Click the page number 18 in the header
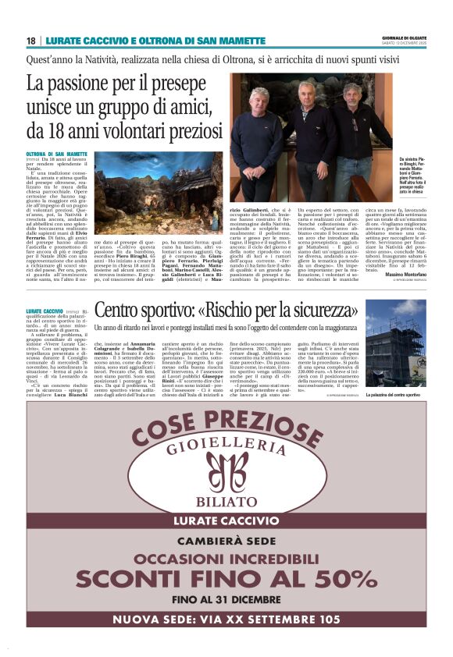click(x=30, y=41)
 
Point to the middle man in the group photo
click(x=305, y=129)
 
